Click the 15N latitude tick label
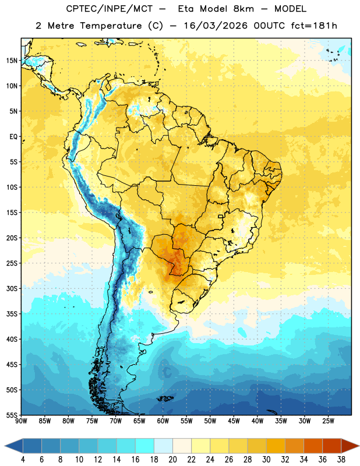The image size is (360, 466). pos(12,61)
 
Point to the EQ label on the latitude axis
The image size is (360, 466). pos(13,137)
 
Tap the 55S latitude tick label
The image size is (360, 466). pos(12,415)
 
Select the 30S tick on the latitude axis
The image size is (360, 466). pos(12,288)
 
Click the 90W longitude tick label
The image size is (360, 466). pos(21,421)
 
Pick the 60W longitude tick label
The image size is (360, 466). pos(163,421)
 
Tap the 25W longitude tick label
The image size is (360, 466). pos(328,421)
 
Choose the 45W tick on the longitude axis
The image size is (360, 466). pos(234,421)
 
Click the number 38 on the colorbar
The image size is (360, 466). pos(341,460)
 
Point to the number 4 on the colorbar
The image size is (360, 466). pos(23,460)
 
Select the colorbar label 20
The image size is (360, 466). pos(172,460)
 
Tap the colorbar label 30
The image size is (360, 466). pos(266,460)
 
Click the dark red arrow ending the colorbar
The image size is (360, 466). pos(350,446)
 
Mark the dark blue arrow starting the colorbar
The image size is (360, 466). pos(13,446)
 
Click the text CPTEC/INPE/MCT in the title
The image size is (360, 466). pos(110,9)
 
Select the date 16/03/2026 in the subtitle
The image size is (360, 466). pos(216,26)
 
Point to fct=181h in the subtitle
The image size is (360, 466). pos(314,26)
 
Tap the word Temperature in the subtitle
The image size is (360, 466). pos(111,26)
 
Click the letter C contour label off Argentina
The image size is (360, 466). pos(168,372)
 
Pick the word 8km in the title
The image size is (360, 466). pos(243,9)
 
